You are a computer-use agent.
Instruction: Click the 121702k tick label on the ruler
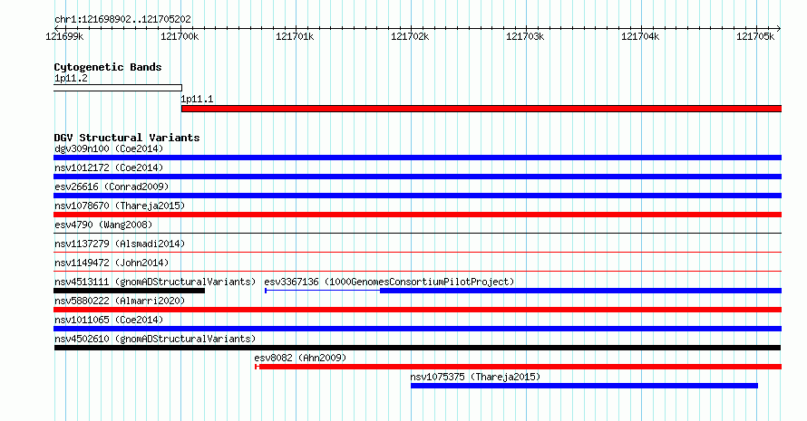[410, 36]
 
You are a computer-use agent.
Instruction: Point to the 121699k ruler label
[64, 36]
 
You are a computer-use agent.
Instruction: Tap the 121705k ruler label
[755, 36]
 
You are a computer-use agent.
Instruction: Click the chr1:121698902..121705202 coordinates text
[122, 20]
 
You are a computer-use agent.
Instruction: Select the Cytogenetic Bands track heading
[108, 67]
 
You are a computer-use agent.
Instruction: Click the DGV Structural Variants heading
[127, 138]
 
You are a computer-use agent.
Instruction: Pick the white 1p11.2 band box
[118, 88]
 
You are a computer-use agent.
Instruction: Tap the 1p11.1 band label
[197, 100]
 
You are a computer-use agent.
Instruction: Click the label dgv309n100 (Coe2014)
[109, 149]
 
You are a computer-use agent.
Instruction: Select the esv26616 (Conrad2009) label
[112, 187]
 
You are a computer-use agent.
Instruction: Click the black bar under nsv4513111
[129, 291]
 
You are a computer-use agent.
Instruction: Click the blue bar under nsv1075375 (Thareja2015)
[584, 386]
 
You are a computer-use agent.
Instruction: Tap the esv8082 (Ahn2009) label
[300, 359]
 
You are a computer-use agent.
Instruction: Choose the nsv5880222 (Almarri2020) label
[120, 301]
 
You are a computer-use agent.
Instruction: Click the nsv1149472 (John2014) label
[112, 263]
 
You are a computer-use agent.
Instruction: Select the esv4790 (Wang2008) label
[103, 225]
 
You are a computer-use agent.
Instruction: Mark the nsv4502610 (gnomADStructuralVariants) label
[155, 340]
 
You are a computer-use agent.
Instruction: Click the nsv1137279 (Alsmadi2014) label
[120, 244]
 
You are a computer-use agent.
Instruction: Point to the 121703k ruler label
[525, 36]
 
